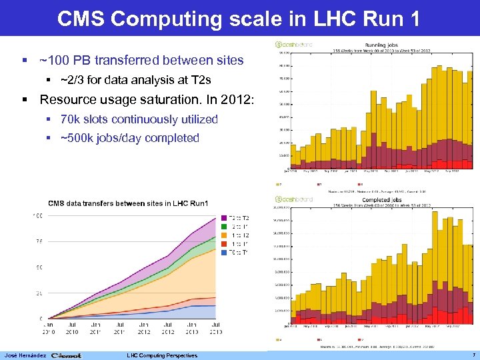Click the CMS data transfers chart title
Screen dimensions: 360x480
[x=128, y=203]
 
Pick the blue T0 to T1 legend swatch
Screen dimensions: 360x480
[x=223, y=253]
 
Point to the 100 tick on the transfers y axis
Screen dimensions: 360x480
[x=38, y=215]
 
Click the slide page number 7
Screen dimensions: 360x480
[x=472, y=355]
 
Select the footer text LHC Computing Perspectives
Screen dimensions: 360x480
[x=162, y=355]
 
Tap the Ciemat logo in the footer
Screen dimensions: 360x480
[x=66, y=355]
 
